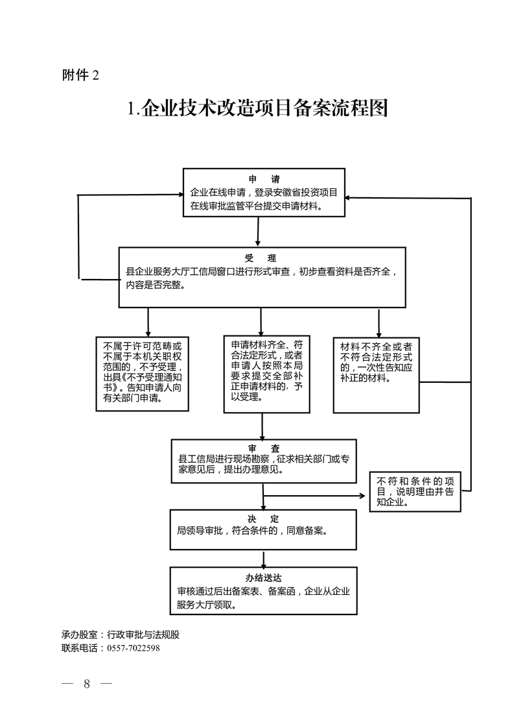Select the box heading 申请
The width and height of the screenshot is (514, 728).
pos(264,180)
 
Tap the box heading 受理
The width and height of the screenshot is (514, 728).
pos(262,258)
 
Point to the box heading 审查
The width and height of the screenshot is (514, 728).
pos(263,448)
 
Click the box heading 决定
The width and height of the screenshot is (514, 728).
pos(263,518)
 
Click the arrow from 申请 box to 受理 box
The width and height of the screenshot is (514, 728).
pos(258,232)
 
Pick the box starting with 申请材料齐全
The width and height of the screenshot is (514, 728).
pos(263,373)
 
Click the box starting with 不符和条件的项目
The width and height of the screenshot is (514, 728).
pos(415,491)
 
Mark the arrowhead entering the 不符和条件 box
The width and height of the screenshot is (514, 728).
pos(364,496)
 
